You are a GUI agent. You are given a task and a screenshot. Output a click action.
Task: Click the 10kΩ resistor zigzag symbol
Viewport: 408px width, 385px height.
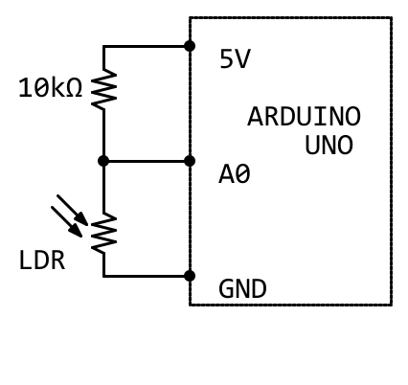pyautogui.click(x=103, y=89)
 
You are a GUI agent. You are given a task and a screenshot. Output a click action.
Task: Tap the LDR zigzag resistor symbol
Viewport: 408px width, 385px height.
pyautogui.click(x=103, y=233)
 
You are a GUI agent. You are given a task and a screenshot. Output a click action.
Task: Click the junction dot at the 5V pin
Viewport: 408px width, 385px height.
pyautogui.click(x=190, y=46)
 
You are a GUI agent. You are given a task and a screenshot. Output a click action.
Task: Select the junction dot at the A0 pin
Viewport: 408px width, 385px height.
pyautogui.click(x=190, y=161)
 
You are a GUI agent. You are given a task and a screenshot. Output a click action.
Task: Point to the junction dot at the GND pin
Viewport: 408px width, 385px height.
pyautogui.click(x=190, y=276)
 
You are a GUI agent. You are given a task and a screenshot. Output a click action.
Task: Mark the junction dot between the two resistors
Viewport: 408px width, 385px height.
pyautogui.click(x=103, y=161)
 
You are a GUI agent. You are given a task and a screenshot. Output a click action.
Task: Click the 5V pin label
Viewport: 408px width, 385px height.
pyautogui.click(x=235, y=58)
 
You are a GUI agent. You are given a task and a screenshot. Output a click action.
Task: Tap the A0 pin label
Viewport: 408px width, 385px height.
pyautogui.click(x=235, y=174)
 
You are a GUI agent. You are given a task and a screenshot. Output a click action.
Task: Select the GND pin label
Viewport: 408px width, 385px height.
pyautogui.click(x=242, y=288)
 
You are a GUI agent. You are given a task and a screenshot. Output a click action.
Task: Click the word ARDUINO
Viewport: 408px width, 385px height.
pyautogui.click(x=304, y=117)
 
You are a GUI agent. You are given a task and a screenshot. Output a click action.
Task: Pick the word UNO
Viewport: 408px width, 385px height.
pyautogui.click(x=329, y=145)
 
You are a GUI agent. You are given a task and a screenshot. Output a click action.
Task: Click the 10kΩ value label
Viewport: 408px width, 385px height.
pyautogui.click(x=51, y=88)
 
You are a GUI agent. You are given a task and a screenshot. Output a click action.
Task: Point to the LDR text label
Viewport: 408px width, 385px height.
pyautogui.click(x=42, y=260)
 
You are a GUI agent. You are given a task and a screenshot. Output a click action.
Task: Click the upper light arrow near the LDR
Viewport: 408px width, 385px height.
pyautogui.click(x=73, y=210)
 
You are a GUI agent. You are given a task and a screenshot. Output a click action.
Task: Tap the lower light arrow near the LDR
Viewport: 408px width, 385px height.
pyautogui.click(x=67, y=222)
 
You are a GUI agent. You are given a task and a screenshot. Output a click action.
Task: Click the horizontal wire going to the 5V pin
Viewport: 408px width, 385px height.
pyautogui.click(x=147, y=46)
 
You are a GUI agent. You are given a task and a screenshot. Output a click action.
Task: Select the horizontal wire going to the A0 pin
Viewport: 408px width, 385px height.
pyautogui.click(x=147, y=161)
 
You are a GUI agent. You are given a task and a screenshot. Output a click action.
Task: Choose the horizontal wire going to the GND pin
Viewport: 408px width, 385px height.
pyautogui.click(x=147, y=276)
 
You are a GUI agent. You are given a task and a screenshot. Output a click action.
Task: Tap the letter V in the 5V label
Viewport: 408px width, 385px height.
pyautogui.click(x=243, y=58)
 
